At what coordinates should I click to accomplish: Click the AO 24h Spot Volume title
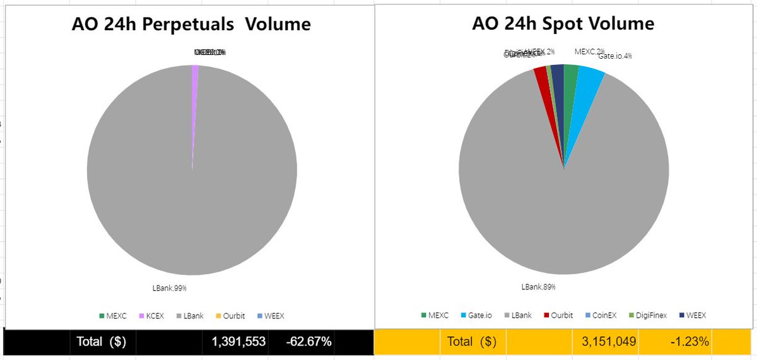pos(563,24)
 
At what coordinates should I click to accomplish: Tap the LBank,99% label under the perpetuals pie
pos(170,288)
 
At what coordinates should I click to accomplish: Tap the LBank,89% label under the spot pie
pos(538,287)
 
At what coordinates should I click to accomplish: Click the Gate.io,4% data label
pos(615,56)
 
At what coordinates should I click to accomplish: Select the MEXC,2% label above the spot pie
pos(589,51)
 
